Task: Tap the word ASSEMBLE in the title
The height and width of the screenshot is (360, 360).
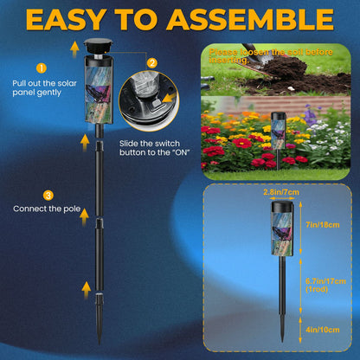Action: (x=252, y=19)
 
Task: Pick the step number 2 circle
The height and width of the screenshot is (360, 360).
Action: (x=152, y=62)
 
